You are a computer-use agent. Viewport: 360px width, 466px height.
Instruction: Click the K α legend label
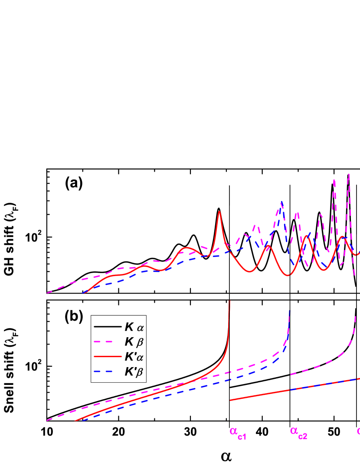pos(134,327)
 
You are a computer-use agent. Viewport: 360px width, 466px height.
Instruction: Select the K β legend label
pos(134,342)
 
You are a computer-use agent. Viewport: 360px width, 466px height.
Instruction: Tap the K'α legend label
pos(134,357)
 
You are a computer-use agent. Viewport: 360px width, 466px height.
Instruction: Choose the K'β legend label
pos(134,371)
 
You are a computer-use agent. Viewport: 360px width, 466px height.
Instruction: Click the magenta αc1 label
pos(238,433)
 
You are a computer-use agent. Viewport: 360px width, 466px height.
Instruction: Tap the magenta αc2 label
pos(298,432)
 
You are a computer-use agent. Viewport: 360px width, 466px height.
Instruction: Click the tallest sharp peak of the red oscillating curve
pos(219,212)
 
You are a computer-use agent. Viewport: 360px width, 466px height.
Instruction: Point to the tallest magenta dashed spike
pos(349,174)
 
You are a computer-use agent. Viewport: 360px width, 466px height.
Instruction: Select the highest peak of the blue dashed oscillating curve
pos(282,202)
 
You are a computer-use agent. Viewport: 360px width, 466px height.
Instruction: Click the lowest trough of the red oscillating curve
pos(288,275)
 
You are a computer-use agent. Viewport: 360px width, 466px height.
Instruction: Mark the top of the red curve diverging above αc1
pos(229,301)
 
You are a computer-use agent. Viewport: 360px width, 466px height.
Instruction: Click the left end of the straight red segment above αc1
pos(230,400)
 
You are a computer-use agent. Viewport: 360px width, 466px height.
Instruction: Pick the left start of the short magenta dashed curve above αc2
pos(291,374)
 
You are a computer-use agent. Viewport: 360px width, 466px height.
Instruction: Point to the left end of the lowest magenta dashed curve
pos(47,420)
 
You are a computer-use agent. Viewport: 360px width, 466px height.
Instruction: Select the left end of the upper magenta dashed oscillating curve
pos(47,293)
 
